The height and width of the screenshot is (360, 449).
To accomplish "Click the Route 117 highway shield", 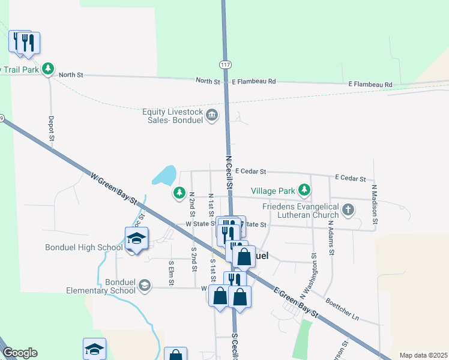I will (225, 65).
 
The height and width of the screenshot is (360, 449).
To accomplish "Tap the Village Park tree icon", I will (305, 191).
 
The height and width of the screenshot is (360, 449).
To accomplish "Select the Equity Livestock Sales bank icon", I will (211, 115).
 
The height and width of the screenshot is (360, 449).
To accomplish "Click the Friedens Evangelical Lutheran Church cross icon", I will (348, 210).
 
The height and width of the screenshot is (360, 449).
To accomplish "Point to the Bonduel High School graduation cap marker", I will (136, 239).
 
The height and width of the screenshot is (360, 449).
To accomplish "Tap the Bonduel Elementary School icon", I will (144, 286).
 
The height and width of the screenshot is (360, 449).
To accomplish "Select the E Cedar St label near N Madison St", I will (351, 178).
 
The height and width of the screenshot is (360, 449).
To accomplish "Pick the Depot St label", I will (52, 129).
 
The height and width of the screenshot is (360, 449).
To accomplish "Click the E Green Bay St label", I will (295, 302).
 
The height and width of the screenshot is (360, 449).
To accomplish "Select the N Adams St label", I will (330, 237).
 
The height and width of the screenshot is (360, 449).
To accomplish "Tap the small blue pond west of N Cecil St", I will (164, 176).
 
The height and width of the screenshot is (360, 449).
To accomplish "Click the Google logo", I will (20, 353).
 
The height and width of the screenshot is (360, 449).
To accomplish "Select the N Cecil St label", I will (229, 170).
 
